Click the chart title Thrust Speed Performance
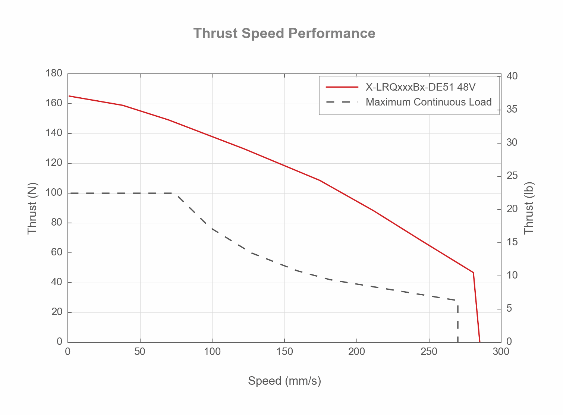click(x=284, y=34)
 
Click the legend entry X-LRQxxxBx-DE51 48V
click(x=421, y=87)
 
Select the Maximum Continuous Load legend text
click(x=428, y=102)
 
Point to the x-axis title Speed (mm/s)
click(x=284, y=381)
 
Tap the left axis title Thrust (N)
click(x=32, y=208)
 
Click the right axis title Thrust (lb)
click(x=529, y=208)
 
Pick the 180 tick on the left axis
click(x=54, y=73)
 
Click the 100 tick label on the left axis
click(x=54, y=193)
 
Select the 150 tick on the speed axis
click(x=284, y=352)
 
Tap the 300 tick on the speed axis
click(x=501, y=352)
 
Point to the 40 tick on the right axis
click(x=512, y=76)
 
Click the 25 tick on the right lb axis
click(x=512, y=176)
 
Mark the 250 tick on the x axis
click(x=429, y=352)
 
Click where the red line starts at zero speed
click(x=69, y=96)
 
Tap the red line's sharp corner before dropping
click(x=473, y=273)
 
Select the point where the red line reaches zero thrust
click(x=480, y=342)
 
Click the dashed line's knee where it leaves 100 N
click(x=177, y=194)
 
